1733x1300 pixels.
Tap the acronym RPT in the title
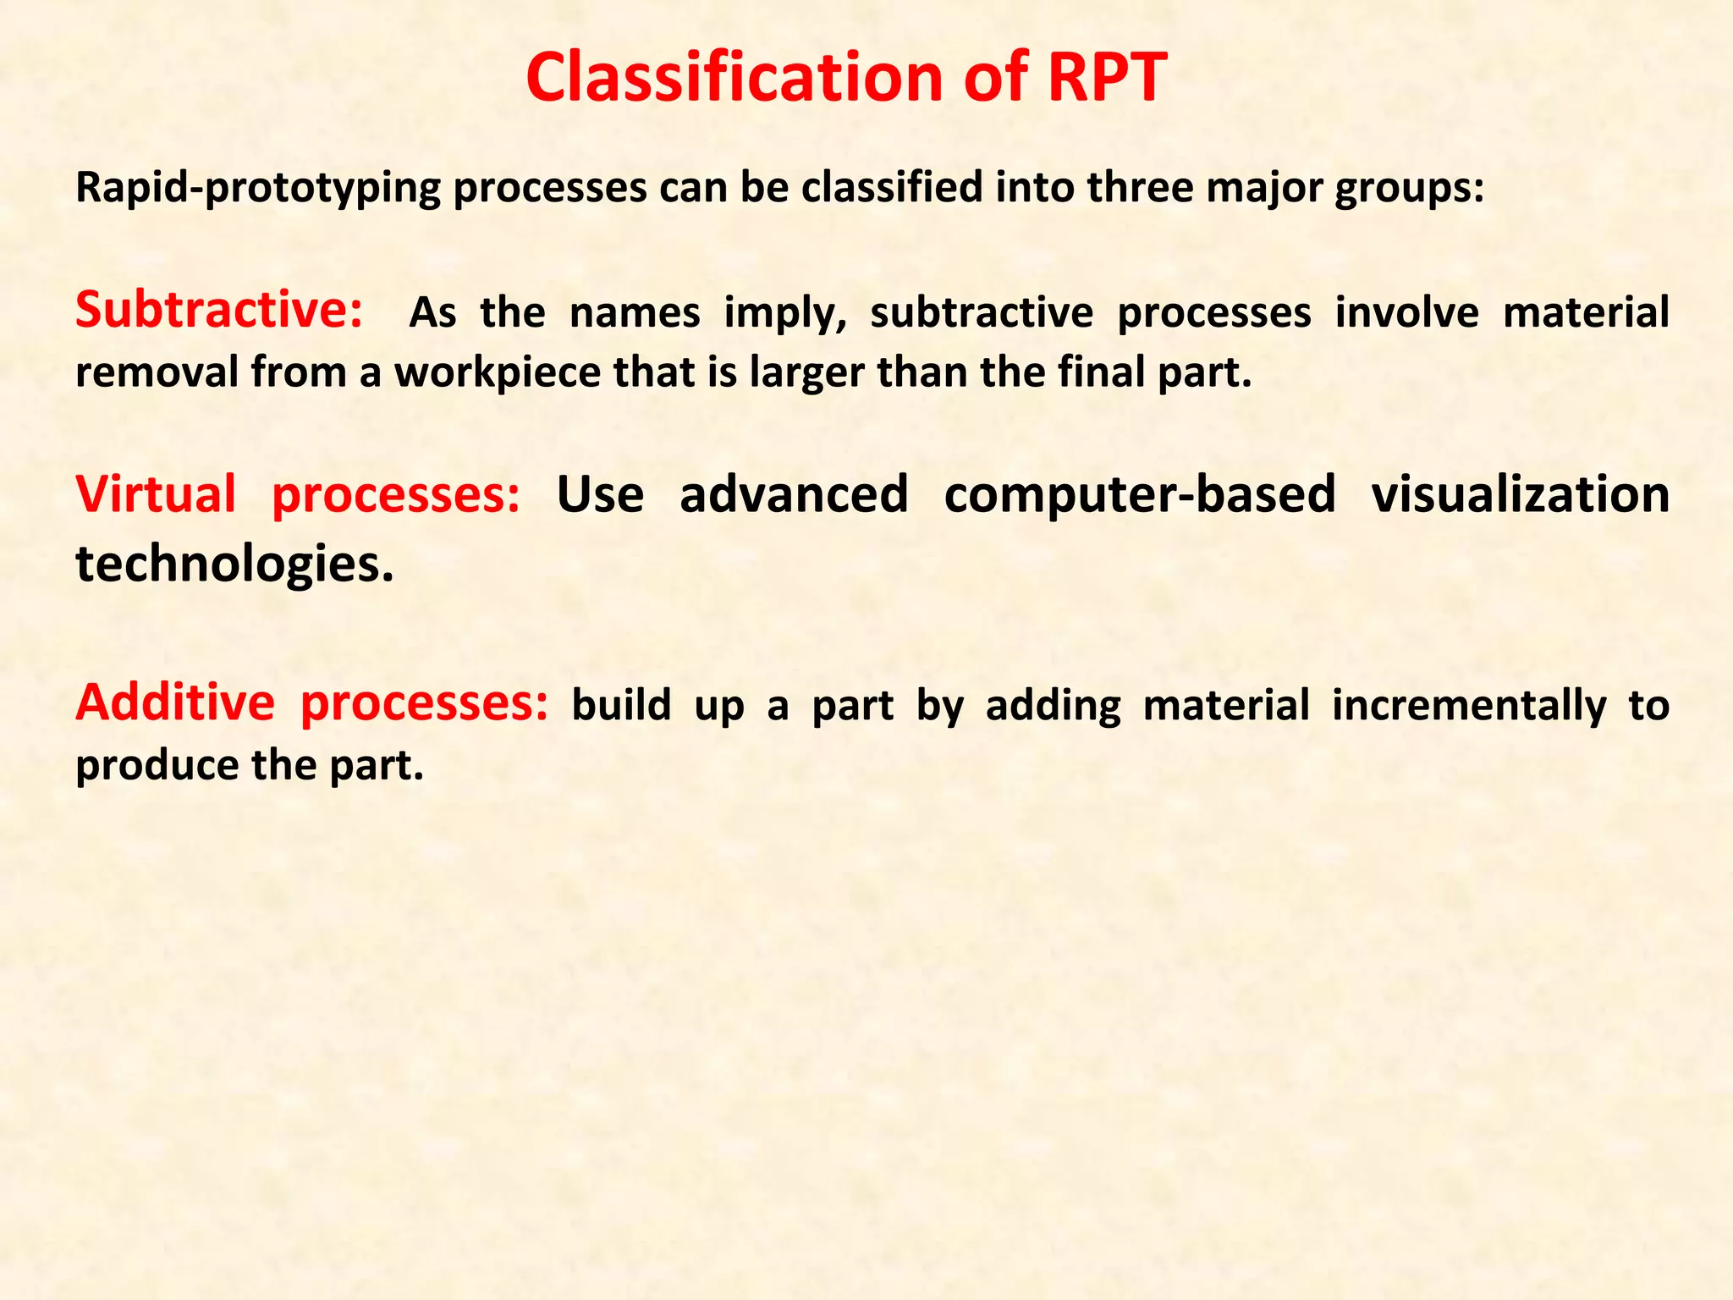tap(1107, 78)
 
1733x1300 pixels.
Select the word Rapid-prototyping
tap(258, 189)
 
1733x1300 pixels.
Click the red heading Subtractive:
tap(219, 310)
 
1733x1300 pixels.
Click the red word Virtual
tap(156, 494)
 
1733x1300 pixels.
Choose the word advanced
tap(794, 494)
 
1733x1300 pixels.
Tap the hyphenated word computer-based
tap(1139, 494)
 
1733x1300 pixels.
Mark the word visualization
tap(1520, 494)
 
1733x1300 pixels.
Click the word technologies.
tap(234, 565)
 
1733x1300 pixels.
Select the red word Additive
tap(175, 702)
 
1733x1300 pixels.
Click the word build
tap(622, 705)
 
